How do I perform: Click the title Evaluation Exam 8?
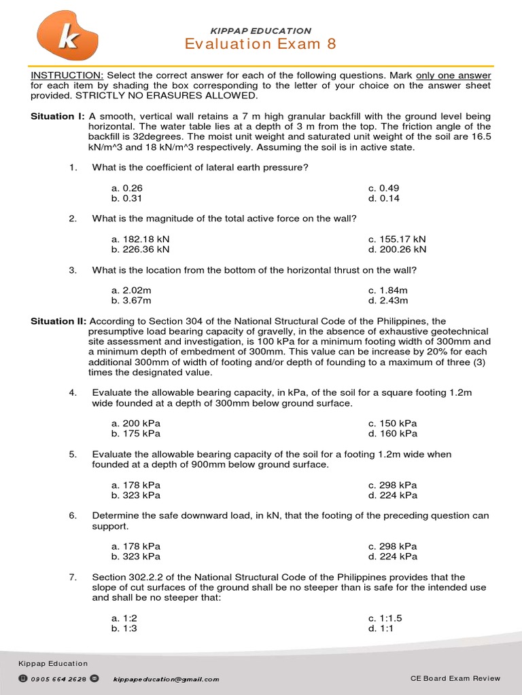tap(260, 44)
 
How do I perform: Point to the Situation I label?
tap(57, 117)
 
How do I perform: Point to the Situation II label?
tap(58, 321)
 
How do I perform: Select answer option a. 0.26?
tap(127, 188)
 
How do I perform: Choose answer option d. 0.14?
tap(384, 198)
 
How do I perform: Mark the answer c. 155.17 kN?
tap(397, 239)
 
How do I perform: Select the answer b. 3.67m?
tap(131, 300)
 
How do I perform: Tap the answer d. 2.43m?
tap(388, 300)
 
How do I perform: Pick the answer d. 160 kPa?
tap(393, 434)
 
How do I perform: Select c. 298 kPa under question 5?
tap(393, 485)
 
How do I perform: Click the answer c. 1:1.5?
tap(385, 618)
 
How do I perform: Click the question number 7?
tap(71, 577)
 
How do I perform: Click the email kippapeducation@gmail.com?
tap(167, 679)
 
